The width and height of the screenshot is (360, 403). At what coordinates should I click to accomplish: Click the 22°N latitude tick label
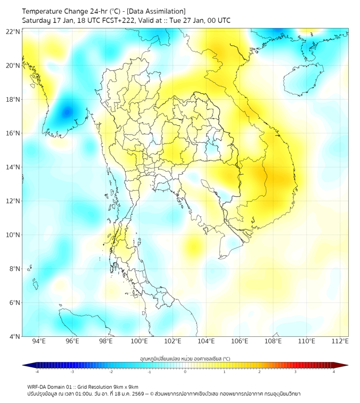13,32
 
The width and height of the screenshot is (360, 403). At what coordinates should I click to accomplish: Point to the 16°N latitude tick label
13,133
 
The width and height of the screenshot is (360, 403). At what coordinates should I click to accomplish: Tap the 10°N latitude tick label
13,235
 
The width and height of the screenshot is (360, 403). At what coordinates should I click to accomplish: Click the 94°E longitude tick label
39,341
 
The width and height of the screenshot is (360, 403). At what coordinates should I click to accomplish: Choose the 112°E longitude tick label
340,341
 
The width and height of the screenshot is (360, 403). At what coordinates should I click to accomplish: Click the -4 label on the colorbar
37,372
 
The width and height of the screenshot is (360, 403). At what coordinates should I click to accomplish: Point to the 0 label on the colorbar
185,372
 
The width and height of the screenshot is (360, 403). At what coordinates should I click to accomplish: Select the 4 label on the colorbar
333,372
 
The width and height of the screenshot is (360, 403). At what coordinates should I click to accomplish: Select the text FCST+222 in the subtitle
125,20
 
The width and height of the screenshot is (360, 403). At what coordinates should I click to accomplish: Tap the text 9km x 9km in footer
125,386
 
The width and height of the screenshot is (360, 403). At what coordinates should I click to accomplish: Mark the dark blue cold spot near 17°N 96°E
67,112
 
